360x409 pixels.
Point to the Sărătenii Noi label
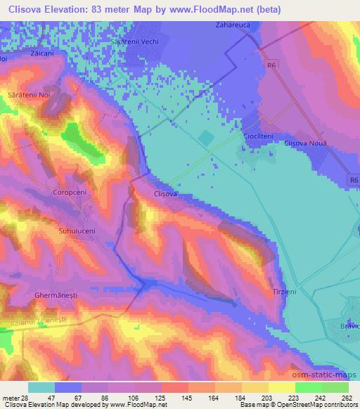[29, 93]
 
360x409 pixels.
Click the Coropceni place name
[70, 191]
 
